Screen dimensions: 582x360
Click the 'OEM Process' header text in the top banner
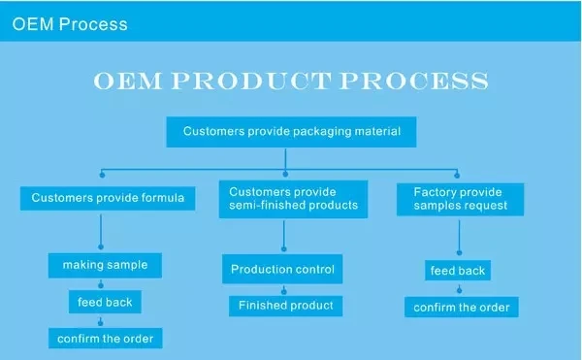tap(70, 24)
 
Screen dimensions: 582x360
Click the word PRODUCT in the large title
tap(251, 81)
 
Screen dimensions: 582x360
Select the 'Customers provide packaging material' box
tap(291, 132)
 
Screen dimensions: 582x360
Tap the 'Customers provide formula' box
tap(108, 198)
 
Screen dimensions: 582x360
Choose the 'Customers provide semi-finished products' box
tap(293, 199)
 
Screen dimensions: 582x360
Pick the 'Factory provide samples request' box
tap(460, 199)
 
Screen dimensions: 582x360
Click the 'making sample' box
tap(105, 265)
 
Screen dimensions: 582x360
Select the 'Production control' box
tap(282, 269)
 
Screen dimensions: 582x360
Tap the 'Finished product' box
tap(286, 306)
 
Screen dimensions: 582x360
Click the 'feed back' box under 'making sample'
tap(105, 302)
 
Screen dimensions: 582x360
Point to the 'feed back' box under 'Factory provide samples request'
tap(458, 271)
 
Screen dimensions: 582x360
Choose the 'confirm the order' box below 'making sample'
tap(106, 338)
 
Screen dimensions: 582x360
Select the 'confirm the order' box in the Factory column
tap(462, 307)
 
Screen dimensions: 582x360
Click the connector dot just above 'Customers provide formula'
tap(102, 175)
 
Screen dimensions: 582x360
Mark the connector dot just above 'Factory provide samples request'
tap(457, 176)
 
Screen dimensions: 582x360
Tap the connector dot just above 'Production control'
tap(284, 249)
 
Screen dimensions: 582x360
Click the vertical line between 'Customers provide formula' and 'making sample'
tap(101, 229)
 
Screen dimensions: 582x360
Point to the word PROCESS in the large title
tap(414, 81)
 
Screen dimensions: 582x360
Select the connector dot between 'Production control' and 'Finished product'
tap(284, 291)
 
